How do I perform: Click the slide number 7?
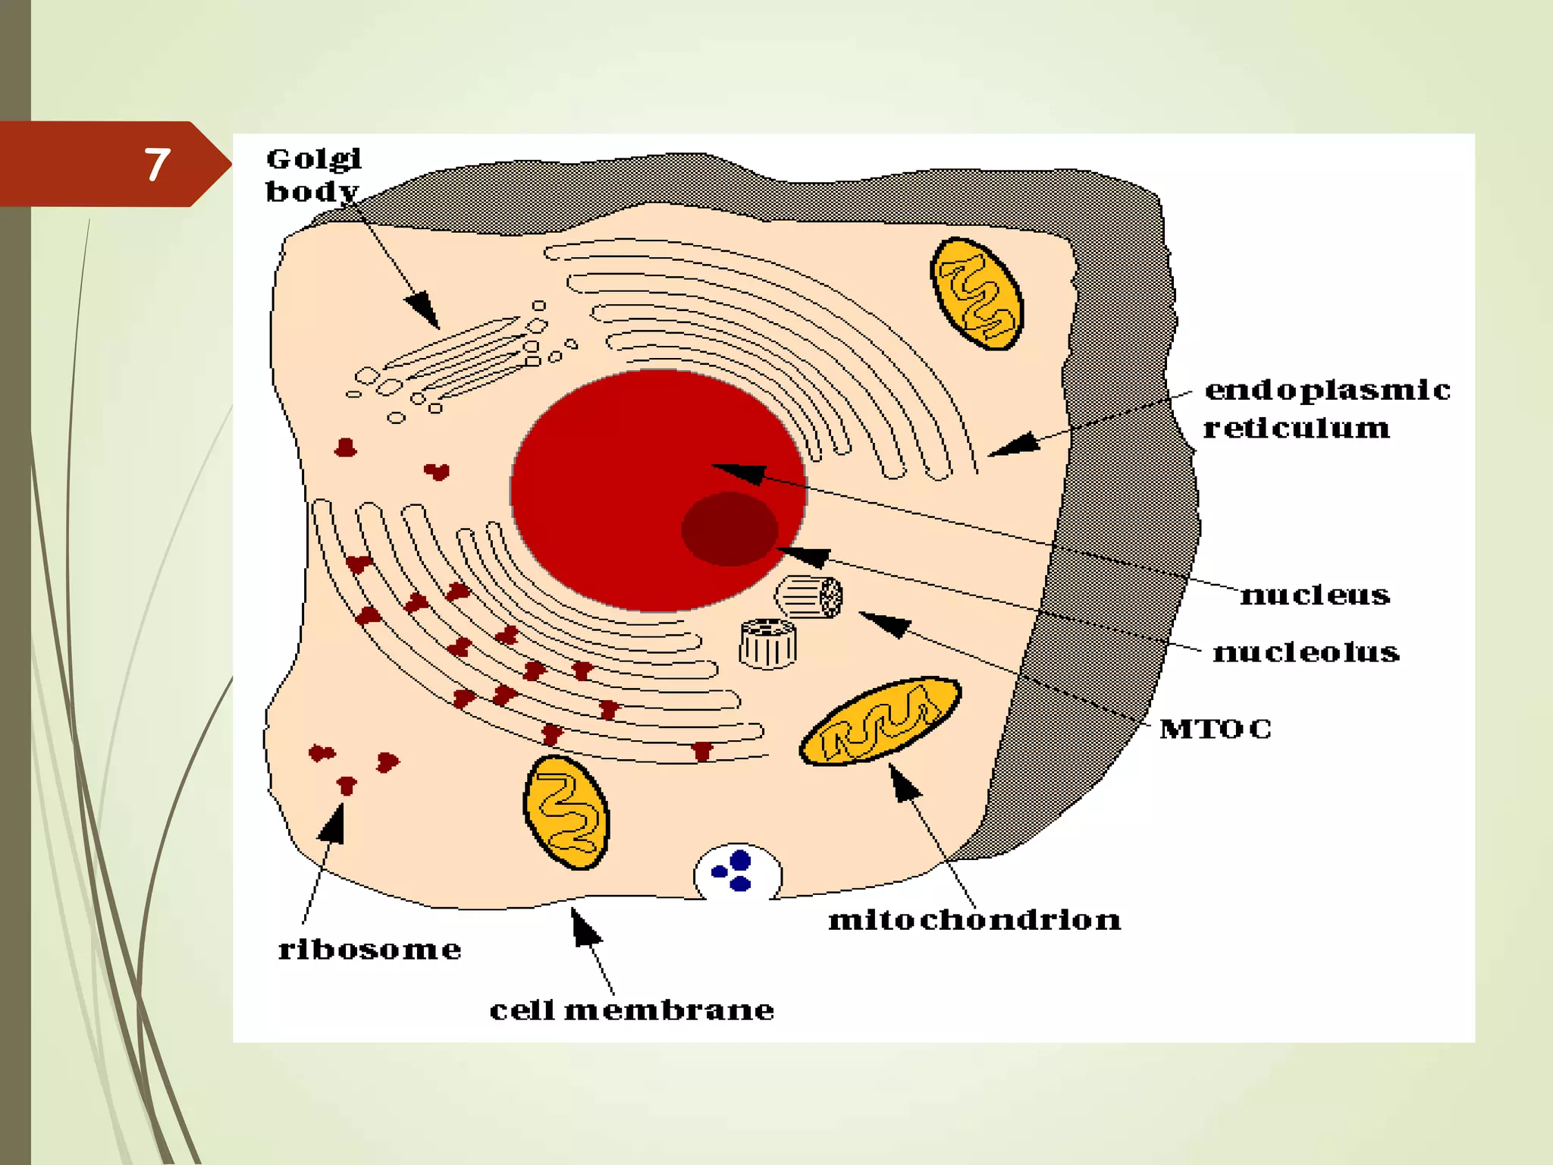(157, 165)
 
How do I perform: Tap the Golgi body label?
(313, 175)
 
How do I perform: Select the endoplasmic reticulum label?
(1326, 409)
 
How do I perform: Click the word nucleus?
(1315, 595)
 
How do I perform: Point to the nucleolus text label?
(1306, 652)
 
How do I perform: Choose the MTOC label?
(1216, 729)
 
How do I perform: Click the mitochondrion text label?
(974, 920)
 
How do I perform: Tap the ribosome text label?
(370, 950)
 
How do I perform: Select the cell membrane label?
(632, 1010)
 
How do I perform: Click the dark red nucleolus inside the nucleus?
(729, 529)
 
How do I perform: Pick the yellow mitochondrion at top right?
(977, 294)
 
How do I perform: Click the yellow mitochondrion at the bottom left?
(566, 812)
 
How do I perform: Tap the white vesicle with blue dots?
(737, 872)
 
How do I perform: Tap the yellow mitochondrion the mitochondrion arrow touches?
(880, 721)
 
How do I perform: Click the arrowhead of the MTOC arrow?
(883, 623)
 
